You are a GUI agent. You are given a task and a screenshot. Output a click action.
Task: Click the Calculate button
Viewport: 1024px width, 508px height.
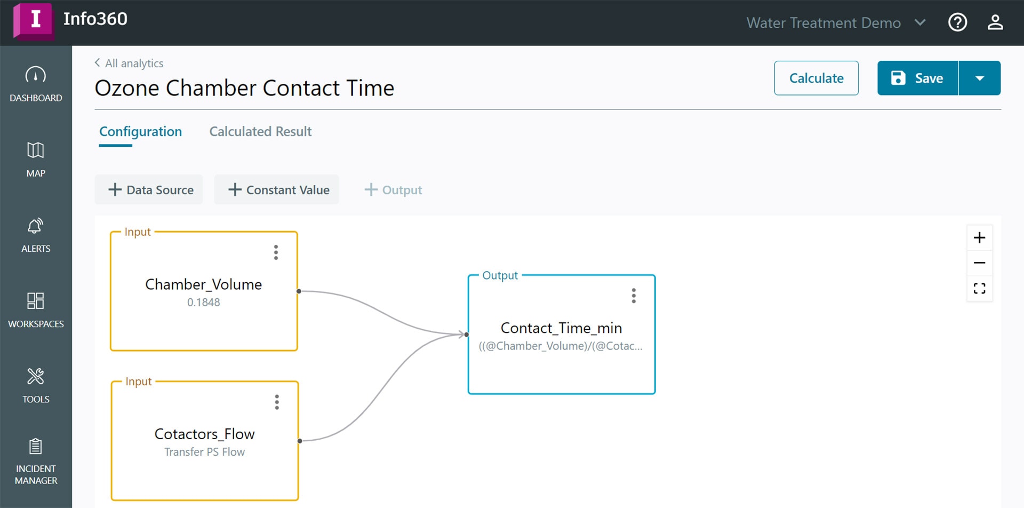point(816,78)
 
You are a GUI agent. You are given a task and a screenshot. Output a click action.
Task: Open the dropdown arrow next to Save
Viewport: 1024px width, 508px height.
point(980,78)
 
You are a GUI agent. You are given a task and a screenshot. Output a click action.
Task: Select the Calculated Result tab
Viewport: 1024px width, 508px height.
point(260,131)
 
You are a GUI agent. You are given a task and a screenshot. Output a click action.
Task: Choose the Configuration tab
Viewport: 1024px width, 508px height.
point(140,132)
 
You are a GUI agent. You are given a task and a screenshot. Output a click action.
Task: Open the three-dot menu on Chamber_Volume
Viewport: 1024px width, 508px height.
point(276,252)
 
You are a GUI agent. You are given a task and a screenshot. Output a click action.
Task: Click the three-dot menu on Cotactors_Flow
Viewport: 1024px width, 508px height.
point(277,402)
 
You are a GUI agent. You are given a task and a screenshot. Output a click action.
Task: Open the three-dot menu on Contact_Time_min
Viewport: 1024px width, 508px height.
point(634,296)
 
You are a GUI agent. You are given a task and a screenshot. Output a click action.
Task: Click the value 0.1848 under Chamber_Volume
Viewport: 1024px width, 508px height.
point(203,303)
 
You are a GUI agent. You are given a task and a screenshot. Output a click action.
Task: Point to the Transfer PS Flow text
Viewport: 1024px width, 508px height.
point(204,452)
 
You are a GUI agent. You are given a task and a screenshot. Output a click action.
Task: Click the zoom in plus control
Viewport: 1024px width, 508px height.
point(979,237)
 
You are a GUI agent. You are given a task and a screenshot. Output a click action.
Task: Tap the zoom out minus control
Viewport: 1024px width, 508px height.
point(979,263)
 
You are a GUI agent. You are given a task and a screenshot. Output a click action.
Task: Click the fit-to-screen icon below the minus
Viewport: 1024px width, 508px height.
point(979,289)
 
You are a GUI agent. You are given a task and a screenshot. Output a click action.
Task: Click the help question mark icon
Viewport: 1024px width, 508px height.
point(957,22)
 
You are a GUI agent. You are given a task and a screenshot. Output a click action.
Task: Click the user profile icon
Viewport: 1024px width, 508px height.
point(995,22)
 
